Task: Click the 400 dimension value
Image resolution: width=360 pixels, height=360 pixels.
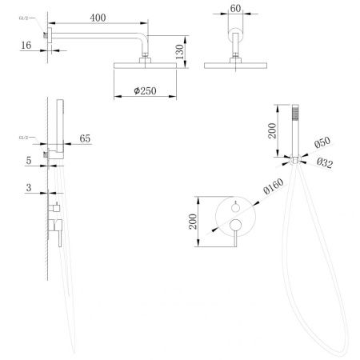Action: click(x=98, y=18)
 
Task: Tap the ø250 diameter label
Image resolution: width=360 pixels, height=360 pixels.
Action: click(x=145, y=91)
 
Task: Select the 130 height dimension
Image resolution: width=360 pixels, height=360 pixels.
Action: click(x=180, y=52)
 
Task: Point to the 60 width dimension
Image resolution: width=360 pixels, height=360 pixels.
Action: click(x=235, y=9)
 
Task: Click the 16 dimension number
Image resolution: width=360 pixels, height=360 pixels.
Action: click(x=26, y=45)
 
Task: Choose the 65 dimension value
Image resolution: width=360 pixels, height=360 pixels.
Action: click(x=85, y=138)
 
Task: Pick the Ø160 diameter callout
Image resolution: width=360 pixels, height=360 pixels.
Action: click(x=274, y=186)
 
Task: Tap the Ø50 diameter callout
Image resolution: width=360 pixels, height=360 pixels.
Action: click(x=322, y=142)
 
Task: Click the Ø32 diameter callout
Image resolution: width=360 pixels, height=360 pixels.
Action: click(x=325, y=162)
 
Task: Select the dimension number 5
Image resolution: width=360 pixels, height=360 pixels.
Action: click(x=29, y=160)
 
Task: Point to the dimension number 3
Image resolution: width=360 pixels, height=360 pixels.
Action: click(x=29, y=187)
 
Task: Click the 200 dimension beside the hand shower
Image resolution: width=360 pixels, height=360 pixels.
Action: click(x=272, y=130)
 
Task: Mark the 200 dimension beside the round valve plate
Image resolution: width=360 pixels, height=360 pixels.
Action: click(x=193, y=222)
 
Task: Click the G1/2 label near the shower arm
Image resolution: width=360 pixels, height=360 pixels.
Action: click(x=23, y=18)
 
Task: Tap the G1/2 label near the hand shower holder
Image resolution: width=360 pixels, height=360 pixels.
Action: click(x=23, y=138)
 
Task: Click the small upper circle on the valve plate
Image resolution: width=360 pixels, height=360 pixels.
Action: click(x=235, y=208)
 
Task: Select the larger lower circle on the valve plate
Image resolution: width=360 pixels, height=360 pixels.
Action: click(x=236, y=225)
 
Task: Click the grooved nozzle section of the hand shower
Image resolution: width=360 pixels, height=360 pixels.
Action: click(x=295, y=113)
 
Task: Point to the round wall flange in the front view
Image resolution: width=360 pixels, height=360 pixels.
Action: click(x=235, y=34)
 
